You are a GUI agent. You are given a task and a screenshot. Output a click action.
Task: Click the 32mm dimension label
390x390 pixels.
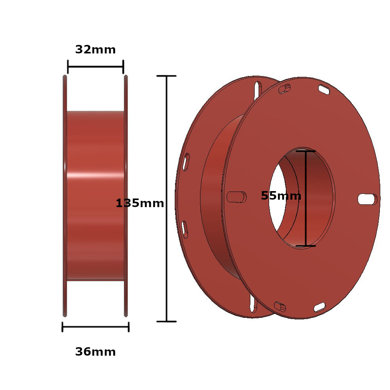(95, 50)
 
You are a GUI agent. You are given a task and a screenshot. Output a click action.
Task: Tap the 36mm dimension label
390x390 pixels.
(95, 352)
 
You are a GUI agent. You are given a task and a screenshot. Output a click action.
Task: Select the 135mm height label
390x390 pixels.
(140, 203)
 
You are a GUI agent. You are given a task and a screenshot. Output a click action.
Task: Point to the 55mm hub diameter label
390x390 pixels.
(281, 196)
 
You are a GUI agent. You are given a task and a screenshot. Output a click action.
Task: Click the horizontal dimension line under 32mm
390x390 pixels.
(95, 67)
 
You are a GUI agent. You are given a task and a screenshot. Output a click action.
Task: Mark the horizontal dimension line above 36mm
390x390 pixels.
(95, 327)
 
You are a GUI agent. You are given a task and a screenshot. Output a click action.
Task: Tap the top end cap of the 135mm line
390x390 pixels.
(167, 76)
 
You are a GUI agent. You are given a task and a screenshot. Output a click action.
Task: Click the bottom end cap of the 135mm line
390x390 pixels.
(167, 321)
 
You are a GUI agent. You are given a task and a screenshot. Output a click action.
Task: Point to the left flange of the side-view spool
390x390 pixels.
(65, 195)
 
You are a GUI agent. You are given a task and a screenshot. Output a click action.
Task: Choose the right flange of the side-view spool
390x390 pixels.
(126, 195)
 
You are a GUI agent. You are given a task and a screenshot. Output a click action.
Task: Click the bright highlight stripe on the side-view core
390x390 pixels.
(95, 175)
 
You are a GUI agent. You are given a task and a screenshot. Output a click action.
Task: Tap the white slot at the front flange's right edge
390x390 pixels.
(367, 199)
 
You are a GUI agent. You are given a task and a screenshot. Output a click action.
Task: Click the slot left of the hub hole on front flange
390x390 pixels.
(236, 197)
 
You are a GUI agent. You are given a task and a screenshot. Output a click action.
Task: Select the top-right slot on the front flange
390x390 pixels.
(324, 89)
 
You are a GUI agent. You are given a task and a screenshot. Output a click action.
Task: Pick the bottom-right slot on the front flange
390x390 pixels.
(319, 307)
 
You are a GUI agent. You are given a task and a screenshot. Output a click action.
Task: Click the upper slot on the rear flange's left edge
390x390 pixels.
(186, 161)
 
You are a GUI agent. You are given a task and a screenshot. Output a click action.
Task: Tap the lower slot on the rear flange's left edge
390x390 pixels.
(184, 229)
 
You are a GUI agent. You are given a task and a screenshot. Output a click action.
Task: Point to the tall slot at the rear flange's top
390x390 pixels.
(257, 91)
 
